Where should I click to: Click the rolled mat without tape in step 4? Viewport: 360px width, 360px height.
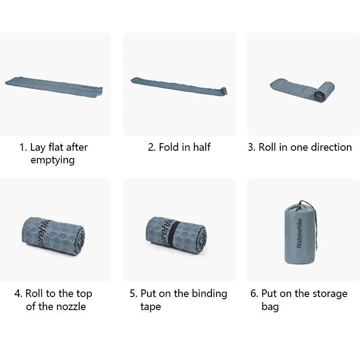[54, 234]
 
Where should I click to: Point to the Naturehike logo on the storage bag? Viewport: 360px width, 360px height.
[300, 233]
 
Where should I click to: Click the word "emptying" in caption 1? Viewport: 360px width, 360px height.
[53, 161]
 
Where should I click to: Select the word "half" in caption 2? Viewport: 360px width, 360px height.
[200, 147]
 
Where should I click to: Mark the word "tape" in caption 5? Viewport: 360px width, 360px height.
[150, 307]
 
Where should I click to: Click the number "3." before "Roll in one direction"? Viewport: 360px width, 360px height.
[252, 147]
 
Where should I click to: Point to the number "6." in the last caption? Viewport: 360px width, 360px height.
[254, 294]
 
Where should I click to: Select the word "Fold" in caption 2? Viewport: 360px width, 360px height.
[169, 147]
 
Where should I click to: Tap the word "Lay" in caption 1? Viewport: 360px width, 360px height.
[38, 147]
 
